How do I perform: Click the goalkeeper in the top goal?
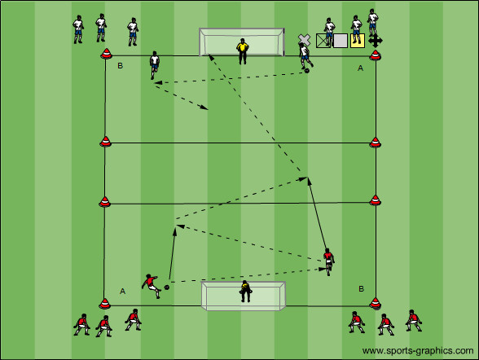point(243,51)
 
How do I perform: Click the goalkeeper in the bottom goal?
point(245,291)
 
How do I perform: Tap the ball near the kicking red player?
point(167,288)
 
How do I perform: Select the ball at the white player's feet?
point(306,71)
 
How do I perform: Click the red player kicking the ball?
point(151,285)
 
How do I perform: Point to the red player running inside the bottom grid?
point(329,261)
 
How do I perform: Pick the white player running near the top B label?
point(154,65)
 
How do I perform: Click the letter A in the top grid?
point(360,68)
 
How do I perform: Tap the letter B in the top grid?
point(120,66)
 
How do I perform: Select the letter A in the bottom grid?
point(122,292)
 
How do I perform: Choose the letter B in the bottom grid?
point(362,289)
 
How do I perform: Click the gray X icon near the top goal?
point(305,40)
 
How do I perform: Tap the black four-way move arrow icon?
point(375,41)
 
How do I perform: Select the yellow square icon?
point(358,41)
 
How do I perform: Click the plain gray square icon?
point(341,41)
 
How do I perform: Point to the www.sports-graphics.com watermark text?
point(418,351)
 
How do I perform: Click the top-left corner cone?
point(106,54)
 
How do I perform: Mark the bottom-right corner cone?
point(375,303)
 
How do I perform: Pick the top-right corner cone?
point(375,55)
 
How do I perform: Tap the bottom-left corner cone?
point(105,303)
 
